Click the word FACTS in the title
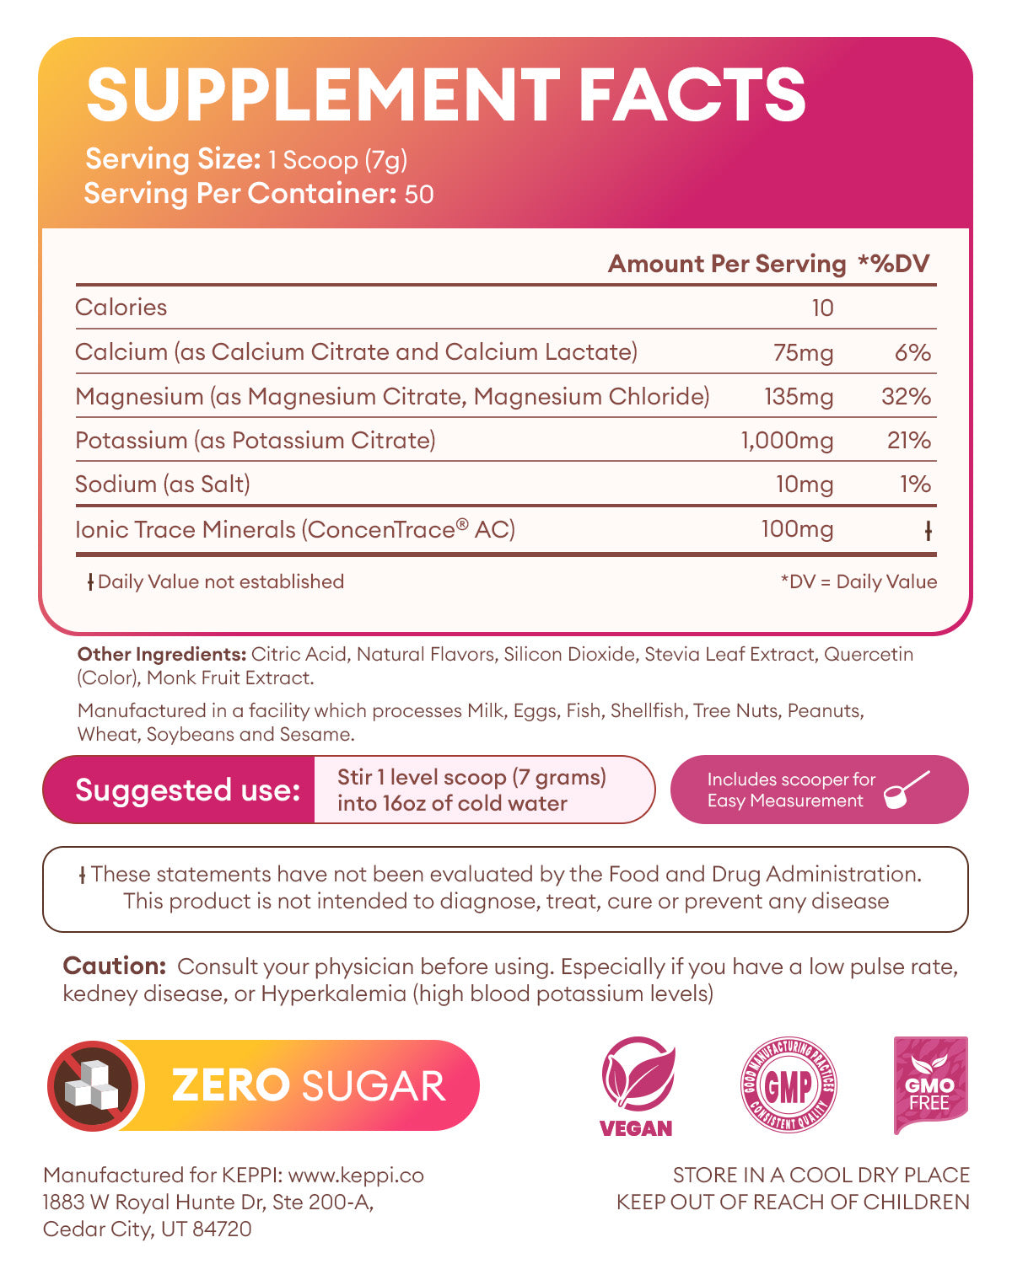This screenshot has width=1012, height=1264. coord(692,94)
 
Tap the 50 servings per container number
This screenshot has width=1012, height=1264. coord(419,195)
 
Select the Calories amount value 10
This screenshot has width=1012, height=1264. coord(822,308)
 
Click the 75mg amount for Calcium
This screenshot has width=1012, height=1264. coord(803,352)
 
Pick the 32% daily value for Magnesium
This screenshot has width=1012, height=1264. coord(906,396)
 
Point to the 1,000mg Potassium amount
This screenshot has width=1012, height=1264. coord(787,440)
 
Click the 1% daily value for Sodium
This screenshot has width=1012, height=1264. coord(915,484)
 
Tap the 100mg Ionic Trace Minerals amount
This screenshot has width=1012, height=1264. coord(797,529)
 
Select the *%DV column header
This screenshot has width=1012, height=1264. coord(894,264)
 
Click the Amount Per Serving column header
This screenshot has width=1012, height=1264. coord(726,264)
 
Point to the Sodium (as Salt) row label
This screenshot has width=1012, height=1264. coord(163,484)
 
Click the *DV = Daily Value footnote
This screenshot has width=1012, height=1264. coord(859,581)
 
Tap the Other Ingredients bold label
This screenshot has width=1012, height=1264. coord(161,654)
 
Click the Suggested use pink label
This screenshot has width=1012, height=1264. coord(187,790)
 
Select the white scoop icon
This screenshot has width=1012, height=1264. coord(907,790)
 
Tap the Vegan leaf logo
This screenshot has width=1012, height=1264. coord(638,1079)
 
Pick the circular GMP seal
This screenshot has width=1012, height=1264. coord(788,1085)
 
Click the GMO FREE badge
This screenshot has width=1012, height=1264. coord(929,1085)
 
